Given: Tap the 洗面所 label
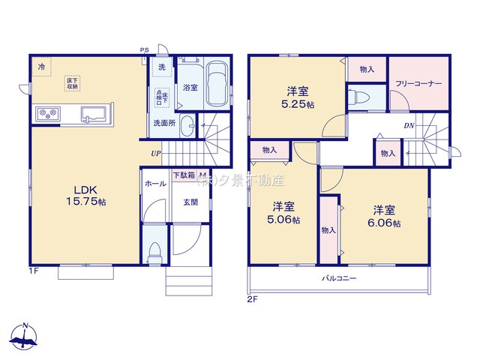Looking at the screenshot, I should point(165,123).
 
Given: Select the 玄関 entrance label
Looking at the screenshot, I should point(190,202).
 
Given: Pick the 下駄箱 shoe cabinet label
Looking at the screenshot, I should point(184,175).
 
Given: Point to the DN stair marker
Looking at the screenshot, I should point(409,126).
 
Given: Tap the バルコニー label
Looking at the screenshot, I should point(340,279).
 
